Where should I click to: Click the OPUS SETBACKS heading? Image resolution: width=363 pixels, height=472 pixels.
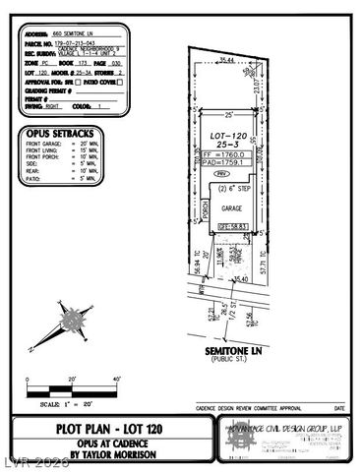[69, 133]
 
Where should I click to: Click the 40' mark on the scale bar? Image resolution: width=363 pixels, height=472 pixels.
[117, 379]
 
